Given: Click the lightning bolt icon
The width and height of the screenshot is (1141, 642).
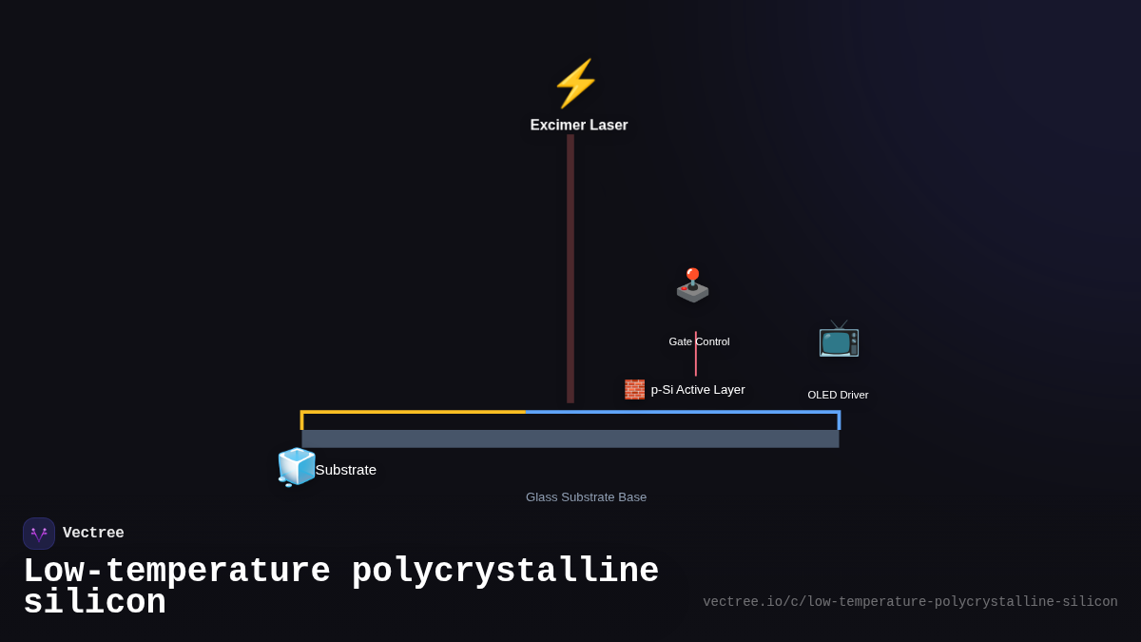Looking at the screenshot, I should [575, 84].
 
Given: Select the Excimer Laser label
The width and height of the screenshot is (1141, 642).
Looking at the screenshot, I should [579, 125].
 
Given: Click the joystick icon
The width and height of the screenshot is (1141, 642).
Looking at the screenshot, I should [692, 285].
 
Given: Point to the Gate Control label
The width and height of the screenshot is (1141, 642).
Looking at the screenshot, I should [699, 341].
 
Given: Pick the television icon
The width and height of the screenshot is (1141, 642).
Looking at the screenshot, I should [839, 339].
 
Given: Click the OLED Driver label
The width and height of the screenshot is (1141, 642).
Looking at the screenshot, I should [838, 395].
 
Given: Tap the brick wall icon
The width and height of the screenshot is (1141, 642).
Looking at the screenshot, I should [634, 389].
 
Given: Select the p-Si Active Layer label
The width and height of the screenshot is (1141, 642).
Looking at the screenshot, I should [698, 389].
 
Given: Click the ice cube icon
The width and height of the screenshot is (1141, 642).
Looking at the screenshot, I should [297, 467].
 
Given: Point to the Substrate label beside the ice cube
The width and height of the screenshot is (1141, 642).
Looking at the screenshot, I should [346, 469].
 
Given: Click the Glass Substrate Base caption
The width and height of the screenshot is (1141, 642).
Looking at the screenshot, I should [586, 496].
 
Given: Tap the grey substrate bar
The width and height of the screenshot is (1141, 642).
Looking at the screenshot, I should [570, 438].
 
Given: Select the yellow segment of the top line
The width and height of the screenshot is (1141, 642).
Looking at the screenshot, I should [414, 412].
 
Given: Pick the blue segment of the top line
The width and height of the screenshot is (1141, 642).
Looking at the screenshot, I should [681, 412].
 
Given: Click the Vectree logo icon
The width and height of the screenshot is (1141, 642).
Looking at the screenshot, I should [39, 534].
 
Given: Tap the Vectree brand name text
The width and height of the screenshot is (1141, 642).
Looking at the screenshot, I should [93, 534].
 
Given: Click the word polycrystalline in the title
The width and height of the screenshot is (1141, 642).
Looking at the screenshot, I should [505, 572].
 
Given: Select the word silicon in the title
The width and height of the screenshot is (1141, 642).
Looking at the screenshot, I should [94, 603].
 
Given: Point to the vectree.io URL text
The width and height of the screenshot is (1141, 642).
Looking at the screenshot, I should [910, 601].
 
